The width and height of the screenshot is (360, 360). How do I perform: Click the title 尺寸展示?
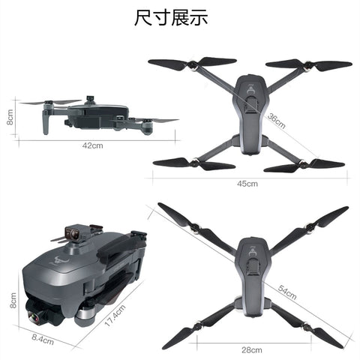(171, 17)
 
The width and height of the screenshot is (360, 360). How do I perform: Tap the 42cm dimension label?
(92, 145)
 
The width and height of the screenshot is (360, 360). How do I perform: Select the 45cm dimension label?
(247, 184)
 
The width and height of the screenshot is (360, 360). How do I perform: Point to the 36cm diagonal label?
(276, 121)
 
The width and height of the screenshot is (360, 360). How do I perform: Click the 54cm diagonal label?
(287, 292)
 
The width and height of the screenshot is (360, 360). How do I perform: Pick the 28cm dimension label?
(252, 350)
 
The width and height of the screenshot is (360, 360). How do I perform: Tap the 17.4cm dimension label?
(115, 316)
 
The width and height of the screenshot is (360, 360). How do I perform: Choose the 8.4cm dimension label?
(43, 339)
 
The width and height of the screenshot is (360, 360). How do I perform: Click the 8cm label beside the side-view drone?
(10, 117)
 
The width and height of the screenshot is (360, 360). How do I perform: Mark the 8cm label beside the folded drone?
(13, 300)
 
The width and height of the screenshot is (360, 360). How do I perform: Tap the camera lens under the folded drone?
(34, 317)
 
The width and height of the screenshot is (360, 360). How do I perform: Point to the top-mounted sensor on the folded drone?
(75, 232)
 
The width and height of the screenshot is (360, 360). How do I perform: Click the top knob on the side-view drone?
(90, 98)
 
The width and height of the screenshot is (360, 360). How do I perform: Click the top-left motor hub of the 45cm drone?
(193, 65)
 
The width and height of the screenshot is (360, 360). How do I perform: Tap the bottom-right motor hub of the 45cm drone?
(303, 164)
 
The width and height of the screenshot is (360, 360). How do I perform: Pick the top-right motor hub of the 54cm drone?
(310, 227)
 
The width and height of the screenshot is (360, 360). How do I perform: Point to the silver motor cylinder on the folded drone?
(85, 316)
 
